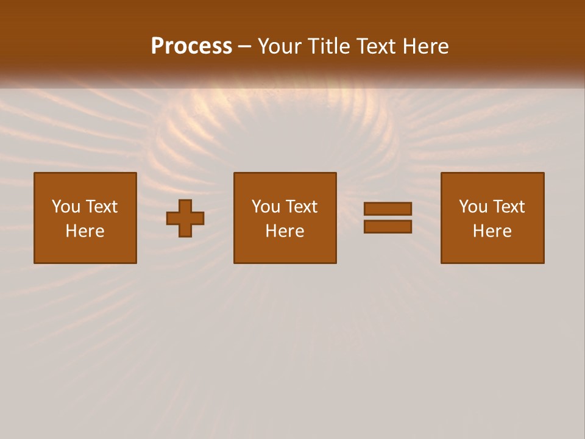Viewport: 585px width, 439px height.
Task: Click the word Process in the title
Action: (191, 46)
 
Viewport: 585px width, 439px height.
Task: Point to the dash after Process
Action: (244, 47)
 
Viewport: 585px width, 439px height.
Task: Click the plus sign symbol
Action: (185, 218)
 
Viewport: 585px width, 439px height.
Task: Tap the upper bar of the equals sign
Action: (388, 209)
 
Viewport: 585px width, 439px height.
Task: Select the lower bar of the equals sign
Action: (388, 226)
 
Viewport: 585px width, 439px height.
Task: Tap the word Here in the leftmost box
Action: (85, 231)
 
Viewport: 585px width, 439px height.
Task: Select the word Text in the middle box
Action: (301, 207)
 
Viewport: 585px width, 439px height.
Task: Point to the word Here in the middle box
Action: (285, 231)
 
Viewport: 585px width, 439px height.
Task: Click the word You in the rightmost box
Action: (473, 207)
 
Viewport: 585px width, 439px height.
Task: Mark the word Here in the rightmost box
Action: (492, 231)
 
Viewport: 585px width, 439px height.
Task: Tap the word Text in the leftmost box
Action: (101, 207)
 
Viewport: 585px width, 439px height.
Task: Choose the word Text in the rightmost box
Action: (508, 207)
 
